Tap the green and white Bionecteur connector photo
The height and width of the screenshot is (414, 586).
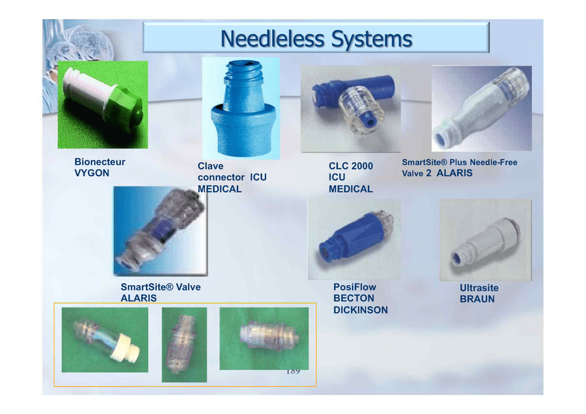tap(103, 105)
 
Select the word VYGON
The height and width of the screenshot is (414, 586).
tap(92, 173)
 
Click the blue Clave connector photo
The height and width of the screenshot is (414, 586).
tap(241, 108)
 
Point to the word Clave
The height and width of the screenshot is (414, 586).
tap(211, 166)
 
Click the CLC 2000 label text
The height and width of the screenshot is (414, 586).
tap(351, 166)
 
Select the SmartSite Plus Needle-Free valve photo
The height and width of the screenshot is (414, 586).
tap(482, 109)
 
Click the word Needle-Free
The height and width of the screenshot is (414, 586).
tap(493, 162)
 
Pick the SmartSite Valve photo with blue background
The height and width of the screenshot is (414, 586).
tap(160, 231)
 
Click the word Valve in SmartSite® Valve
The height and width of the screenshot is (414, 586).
tap(188, 287)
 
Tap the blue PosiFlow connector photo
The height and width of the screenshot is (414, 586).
tap(354, 239)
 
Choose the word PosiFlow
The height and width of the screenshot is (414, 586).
tap(355, 287)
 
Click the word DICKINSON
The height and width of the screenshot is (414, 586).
tap(361, 310)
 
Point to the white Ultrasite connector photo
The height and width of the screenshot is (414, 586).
tap(485, 240)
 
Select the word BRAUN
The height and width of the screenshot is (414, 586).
tap(477, 299)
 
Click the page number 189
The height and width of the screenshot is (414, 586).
tap(293, 372)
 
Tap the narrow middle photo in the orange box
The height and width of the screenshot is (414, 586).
tap(184, 345)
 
